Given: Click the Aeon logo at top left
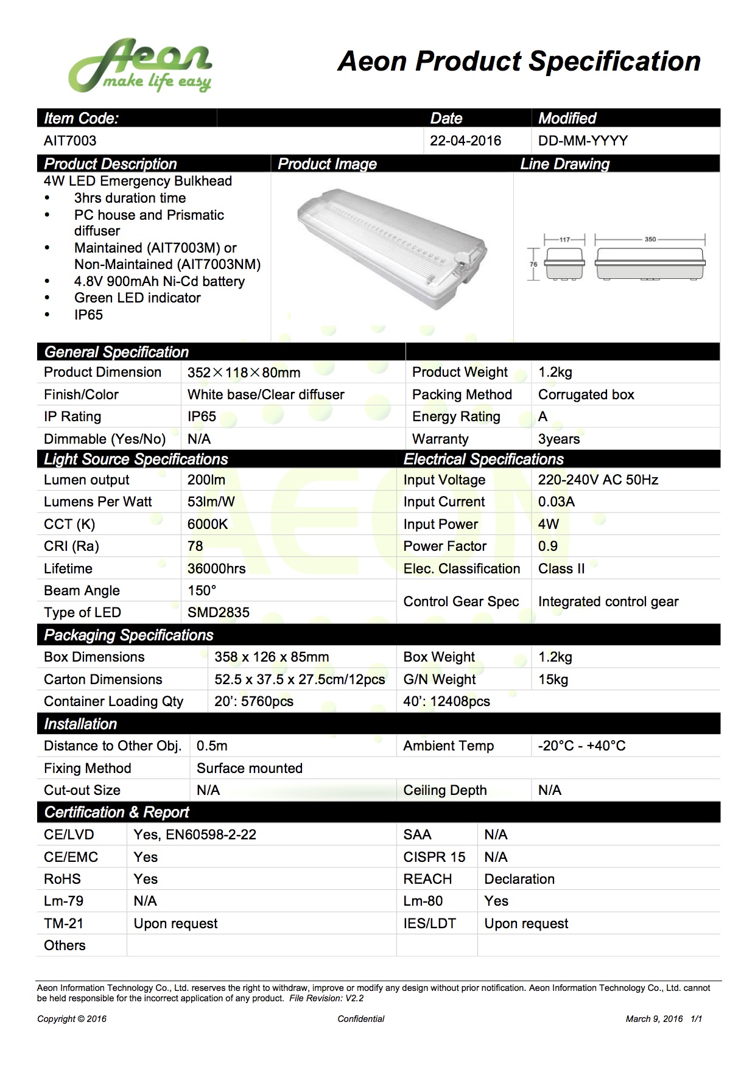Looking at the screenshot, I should point(140,66).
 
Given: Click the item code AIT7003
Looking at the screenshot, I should point(70,141).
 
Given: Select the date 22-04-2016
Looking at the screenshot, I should point(465,141).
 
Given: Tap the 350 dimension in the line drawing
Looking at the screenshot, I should point(650,239).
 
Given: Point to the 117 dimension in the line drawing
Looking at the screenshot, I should point(564,239).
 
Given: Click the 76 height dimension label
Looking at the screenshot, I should point(533,264).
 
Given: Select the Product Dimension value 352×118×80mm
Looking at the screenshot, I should point(244,373).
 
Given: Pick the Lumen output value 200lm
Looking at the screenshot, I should point(206,480).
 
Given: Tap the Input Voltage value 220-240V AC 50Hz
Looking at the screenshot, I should point(598,480).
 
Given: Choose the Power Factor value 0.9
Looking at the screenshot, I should point(548,546).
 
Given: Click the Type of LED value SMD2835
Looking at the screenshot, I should point(219,612).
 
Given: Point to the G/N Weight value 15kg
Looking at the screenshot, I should point(553,679).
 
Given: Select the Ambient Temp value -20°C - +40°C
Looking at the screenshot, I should point(581,746).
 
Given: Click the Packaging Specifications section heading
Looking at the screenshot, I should point(128,635).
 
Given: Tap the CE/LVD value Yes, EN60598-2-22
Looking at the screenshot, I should point(195,834).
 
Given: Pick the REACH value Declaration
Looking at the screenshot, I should point(519,879).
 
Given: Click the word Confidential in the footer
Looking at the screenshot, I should point(361,1019).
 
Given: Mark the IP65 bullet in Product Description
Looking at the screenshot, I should point(88,315).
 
